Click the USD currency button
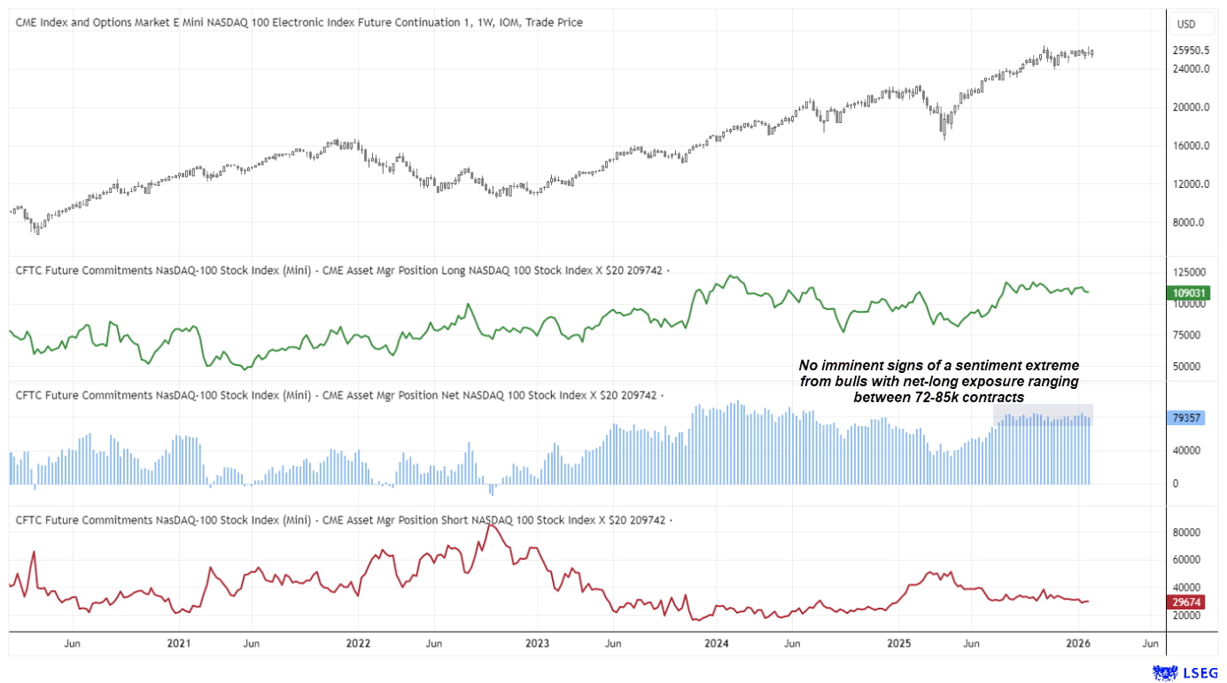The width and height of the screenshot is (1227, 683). [x=1185, y=23]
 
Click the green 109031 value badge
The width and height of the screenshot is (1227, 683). [x=1187, y=292]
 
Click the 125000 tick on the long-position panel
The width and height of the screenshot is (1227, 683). [x=1187, y=272]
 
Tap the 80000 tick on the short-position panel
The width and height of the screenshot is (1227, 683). [x=1187, y=532]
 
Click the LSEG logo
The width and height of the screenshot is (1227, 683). [x=1185, y=672]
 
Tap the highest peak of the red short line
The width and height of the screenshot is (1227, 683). [x=493, y=525]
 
